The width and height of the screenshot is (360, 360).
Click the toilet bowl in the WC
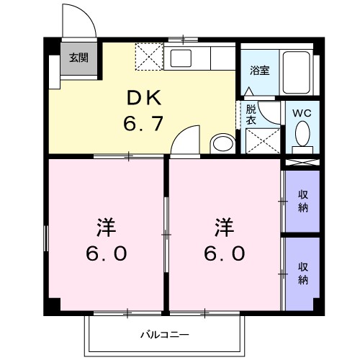(x=302, y=134)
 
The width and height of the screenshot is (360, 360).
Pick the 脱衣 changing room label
(x=251, y=115)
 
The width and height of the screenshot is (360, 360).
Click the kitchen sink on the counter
(x=180, y=58)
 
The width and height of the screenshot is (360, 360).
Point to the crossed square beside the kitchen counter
(x=150, y=55)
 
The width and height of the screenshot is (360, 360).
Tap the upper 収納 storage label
(x=302, y=202)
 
